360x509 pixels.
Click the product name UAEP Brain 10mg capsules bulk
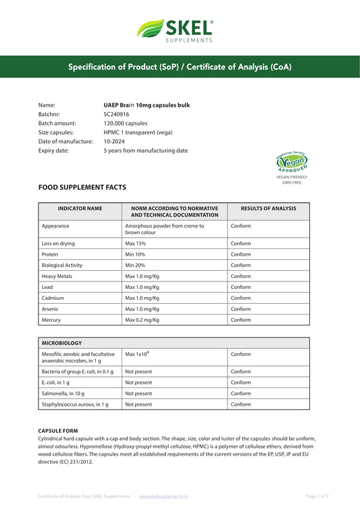[147, 106]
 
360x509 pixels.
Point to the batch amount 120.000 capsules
[126, 124]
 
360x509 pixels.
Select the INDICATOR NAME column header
[80, 209]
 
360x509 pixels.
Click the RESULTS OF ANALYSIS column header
[268, 209]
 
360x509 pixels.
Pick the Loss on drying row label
[58, 243]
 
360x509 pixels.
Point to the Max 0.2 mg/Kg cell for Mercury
[142, 320]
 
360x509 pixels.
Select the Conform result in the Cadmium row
[240, 298]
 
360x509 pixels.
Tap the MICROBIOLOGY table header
[63, 343]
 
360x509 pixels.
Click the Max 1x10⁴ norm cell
[137, 354]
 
